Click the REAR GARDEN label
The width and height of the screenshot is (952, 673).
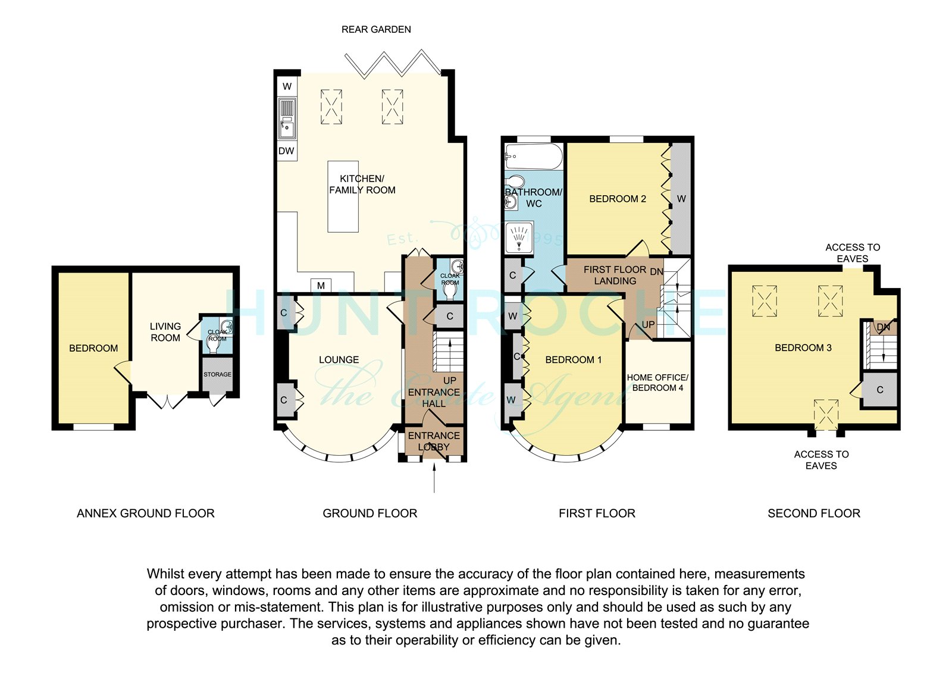coord(376,30)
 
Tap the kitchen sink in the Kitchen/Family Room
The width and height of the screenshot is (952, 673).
coord(287,118)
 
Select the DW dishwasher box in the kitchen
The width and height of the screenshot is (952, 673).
coord(287,151)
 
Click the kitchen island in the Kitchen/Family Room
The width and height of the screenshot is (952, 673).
coord(343,196)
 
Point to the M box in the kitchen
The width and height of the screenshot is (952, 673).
coord(321,286)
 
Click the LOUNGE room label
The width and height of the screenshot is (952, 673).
coord(339,359)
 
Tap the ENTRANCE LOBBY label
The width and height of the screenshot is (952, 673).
coord(434,442)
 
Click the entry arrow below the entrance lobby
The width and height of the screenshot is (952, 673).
coord(434,478)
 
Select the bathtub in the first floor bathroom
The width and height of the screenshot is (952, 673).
coord(534,156)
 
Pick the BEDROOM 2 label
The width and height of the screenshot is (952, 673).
coord(618,199)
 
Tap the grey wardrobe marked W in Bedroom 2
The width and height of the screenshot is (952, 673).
coord(681,199)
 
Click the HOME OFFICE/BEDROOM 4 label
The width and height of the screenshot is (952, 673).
coord(657,383)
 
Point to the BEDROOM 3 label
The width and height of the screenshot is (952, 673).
coord(803,348)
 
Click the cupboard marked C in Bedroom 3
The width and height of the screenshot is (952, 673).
coord(880,390)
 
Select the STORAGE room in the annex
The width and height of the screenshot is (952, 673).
coord(217,374)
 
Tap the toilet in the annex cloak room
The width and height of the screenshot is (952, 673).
coord(212,343)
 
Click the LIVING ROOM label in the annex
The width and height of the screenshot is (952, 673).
coord(165,332)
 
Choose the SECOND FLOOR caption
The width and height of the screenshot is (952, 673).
coord(814,514)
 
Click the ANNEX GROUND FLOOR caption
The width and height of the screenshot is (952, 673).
coord(145,514)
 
